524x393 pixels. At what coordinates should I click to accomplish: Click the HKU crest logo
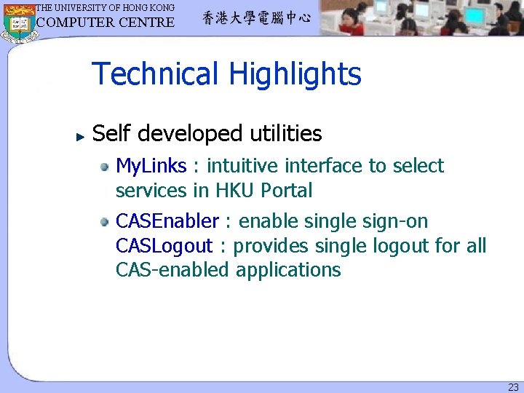(18, 22)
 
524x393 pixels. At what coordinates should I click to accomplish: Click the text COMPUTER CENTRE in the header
(106, 22)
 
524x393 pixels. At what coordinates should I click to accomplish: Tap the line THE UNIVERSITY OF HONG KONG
(106, 7)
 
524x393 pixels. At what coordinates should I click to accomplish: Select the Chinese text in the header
(256, 19)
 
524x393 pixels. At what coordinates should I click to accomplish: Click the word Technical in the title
(155, 74)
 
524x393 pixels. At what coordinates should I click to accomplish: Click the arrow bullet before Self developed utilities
(81, 135)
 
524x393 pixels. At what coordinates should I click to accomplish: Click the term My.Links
(151, 167)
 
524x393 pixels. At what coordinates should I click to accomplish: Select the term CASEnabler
(167, 221)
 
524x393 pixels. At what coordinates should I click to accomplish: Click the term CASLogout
(164, 246)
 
